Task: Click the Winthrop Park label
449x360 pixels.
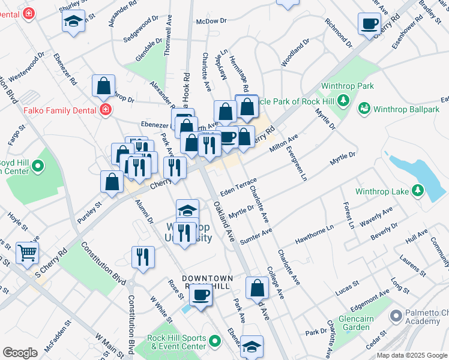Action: pyautogui.click(x=347, y=86)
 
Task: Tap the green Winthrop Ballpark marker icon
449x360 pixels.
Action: pyautogui.click(x=364, y=109)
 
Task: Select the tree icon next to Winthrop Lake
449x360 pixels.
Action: pyautogui.click(x=418, y=191)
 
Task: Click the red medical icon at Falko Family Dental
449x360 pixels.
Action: pyautogui.click(x=106, y=110)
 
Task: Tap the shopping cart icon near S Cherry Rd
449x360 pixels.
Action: pyautogui.click(x=27, y=253)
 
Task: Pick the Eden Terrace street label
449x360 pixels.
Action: pyautogui.click(x=238, y=187)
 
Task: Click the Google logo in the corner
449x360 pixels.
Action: pyautogui.click(x=20, y=353)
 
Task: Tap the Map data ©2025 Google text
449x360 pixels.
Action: pyautogui.click(x=411, y=355)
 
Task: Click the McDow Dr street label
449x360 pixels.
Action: pyautogui.click(x=210, y=22)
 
